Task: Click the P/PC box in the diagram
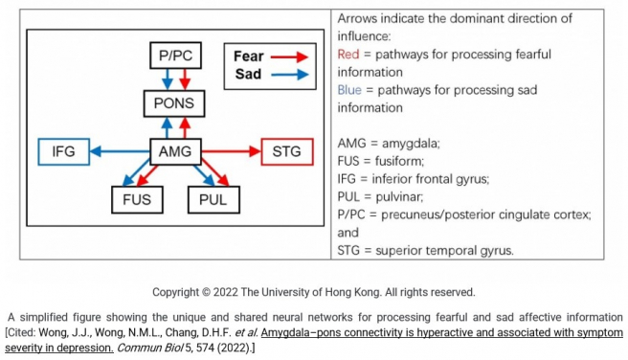175,56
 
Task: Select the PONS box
175,103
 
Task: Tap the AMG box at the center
175,151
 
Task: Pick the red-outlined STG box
285,151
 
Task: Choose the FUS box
136,200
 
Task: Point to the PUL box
213,200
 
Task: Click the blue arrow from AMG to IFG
120,151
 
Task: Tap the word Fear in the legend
248,56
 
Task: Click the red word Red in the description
348,54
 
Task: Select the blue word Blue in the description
350,89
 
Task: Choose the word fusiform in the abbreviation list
396,161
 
